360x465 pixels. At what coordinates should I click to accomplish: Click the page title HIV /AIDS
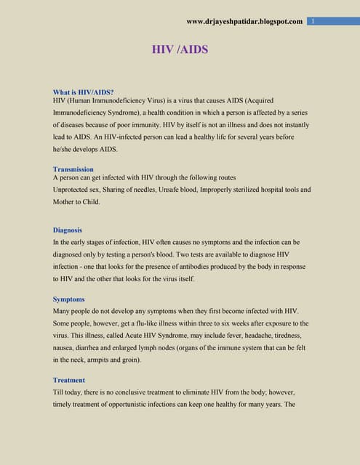(179, 49)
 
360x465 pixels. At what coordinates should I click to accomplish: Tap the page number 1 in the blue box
(312, 21)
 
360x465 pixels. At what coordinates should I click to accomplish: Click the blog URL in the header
(244, 21)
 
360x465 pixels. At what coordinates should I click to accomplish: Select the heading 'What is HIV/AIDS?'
(83, 92)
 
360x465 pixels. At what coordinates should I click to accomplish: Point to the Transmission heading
(73, 169)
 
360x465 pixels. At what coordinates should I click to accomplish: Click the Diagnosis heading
(68, 230)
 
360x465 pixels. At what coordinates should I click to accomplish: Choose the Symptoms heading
(69, 299)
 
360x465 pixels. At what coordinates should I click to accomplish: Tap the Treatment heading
(69, 380)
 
